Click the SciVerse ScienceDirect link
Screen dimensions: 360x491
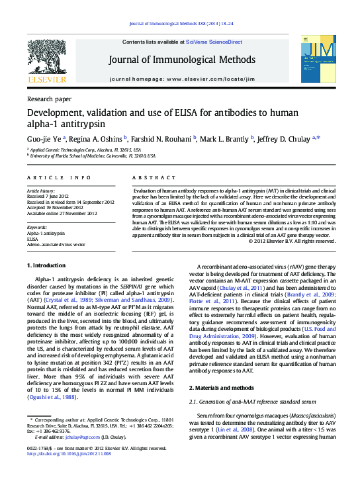(213, 42)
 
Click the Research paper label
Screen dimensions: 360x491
(50, 99)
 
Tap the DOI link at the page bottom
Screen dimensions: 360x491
(69, 454)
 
